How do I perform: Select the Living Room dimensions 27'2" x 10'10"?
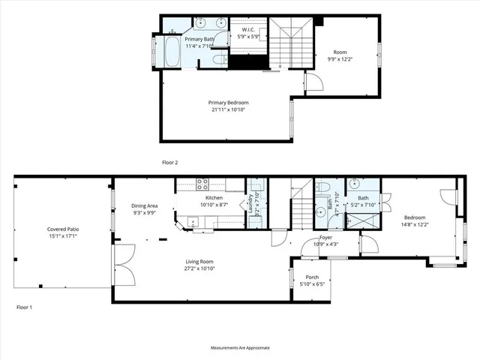[x=201, y=268]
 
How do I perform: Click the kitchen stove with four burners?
[x=202, y=183]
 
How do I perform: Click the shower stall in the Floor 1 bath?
[x=365, y=220]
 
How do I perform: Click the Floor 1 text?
[x=25, y=307]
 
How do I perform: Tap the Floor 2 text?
[x=170, y=162]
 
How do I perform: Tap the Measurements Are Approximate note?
[x=240, y=347]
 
